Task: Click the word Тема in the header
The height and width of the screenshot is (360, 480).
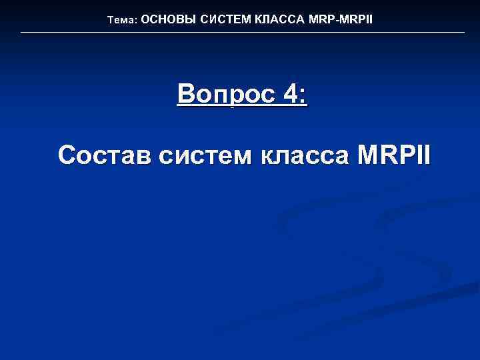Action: [x=121, y=20]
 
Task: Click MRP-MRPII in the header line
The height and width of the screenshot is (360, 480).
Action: [x=341, y=19]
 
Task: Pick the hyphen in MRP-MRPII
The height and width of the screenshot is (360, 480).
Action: [x=337, y=20]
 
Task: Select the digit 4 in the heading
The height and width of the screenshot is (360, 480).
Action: [x=291, y=95]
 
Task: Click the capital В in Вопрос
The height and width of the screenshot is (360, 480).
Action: [x=186, y=95]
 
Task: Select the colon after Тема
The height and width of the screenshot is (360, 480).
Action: [x=136, y=21]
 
